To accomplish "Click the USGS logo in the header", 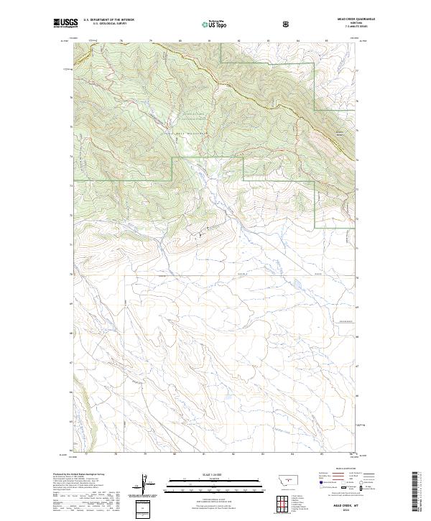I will tap(65, 23).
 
